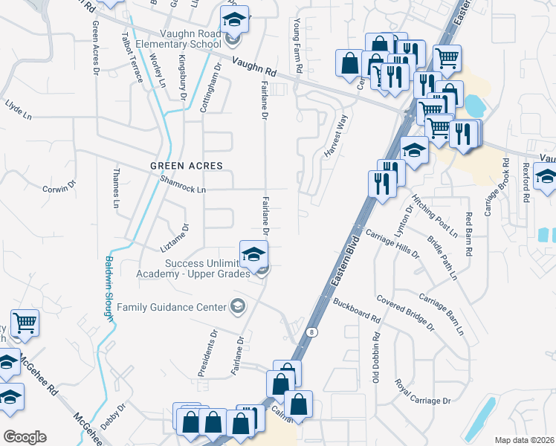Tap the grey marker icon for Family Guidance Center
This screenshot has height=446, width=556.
tap(238, 306)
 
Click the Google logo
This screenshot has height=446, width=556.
tap(25, 437)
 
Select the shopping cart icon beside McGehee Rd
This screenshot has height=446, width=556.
tap(25, 323)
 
